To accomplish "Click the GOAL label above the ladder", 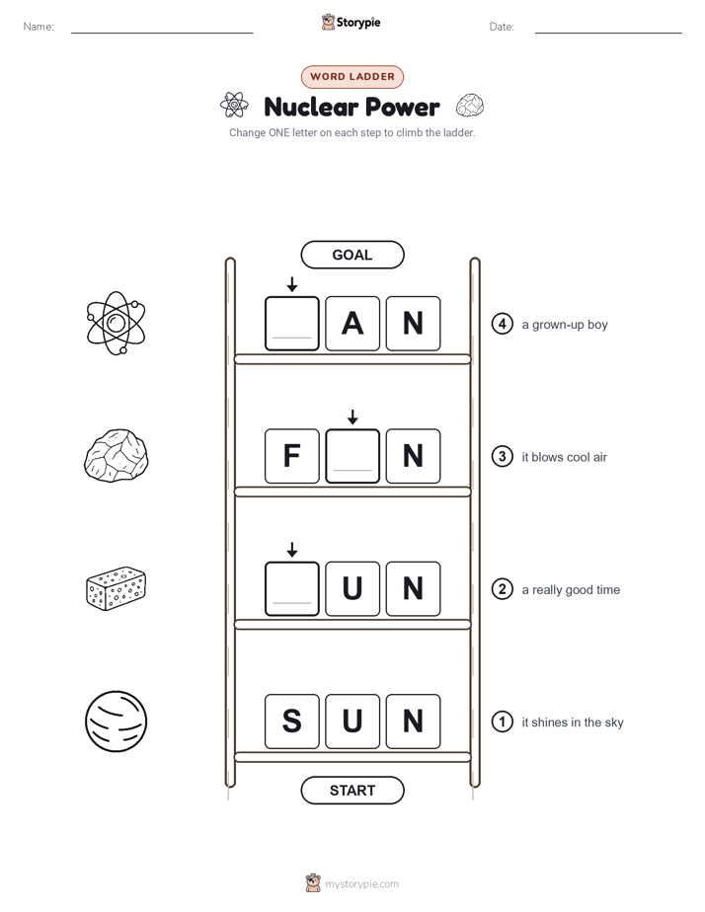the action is click(x=352, y=255).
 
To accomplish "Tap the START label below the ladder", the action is click(x=352, y=791).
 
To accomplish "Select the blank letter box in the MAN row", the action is click(x=292, y=324).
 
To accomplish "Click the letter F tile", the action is click(x=292, y=456).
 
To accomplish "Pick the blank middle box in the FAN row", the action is click(x=352, y=456).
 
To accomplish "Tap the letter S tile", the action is click(x=292, y=722).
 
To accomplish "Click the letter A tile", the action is click(x=352, y=324).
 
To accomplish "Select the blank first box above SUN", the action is click(x=292, y=588).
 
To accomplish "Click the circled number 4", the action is click(x=502, y=324).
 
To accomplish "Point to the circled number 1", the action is click(x=502, y=722).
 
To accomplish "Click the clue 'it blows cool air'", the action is click(x=564, y=457).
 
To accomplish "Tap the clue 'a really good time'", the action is click(x=571, y=590).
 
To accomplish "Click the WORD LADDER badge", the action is click(x=352, y=77).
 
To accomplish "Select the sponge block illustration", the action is click(x=116, y=588).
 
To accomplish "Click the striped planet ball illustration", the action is click(x=116, y=722).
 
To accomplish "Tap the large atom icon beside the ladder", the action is click(x=116, y=324).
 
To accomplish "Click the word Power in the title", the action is click(x=402, y=107).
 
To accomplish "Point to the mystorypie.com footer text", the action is click(x=361, y=884).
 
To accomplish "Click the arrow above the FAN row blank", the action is click(x=352, y=417).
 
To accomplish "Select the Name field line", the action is click(x=162, y=33).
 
